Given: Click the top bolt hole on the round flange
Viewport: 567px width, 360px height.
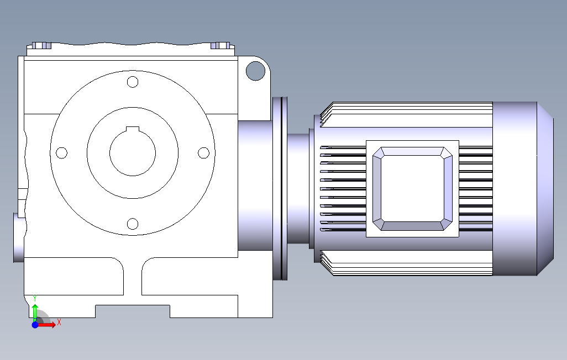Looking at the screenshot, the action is pyautogui.click(x=133, y=82).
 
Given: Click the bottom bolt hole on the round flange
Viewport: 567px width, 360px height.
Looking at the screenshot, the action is pyautogui.click(x=133, y=224).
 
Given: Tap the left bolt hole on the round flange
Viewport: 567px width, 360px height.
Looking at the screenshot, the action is pyautogui.click(x=62, y=153).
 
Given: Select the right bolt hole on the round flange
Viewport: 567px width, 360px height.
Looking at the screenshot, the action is pyautogui.click(x=203, y=153).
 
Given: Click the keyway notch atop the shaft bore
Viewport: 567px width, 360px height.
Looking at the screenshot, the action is pyautogui.click(x=133, y=129).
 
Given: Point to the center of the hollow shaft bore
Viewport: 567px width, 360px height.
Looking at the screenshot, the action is pyautogui.click(x=133, y=153).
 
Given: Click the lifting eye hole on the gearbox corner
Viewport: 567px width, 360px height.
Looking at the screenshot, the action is pyautogui.click(x=255, y=71).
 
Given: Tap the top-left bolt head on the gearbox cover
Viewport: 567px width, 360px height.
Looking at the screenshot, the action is pyautogui.click(x=41, y=45).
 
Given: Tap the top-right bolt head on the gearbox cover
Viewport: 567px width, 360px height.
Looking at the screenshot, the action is pyautogui.click(x=220, y=45).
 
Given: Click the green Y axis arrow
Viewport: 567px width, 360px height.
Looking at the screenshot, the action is pyautogui.click(x=35, y=313).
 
